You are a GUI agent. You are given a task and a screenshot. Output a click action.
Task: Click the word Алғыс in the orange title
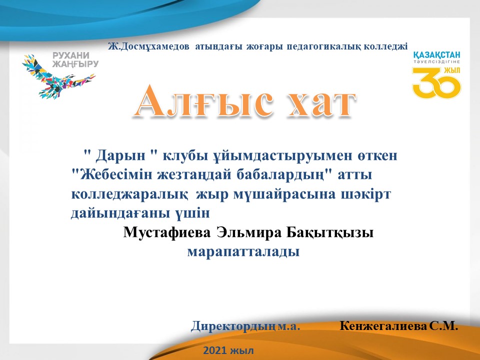coord(203,100)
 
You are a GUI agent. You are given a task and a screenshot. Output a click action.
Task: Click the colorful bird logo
coord(58,76)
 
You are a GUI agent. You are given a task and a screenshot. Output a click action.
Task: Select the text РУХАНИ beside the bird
coord(70,55)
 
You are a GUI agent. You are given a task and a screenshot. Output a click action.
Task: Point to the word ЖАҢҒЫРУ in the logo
coord(75,63)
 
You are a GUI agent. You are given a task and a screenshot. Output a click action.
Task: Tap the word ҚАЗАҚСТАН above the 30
coord(436,55)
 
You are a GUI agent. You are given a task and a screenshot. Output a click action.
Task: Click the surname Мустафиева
coord(167,232)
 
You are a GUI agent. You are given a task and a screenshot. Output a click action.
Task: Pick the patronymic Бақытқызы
coord(330,233)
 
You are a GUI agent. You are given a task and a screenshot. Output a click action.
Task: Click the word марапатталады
coord(243,252)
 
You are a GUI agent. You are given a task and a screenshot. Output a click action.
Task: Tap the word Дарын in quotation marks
coord(120,156)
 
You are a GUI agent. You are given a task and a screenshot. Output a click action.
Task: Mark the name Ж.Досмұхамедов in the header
coord(148,46)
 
